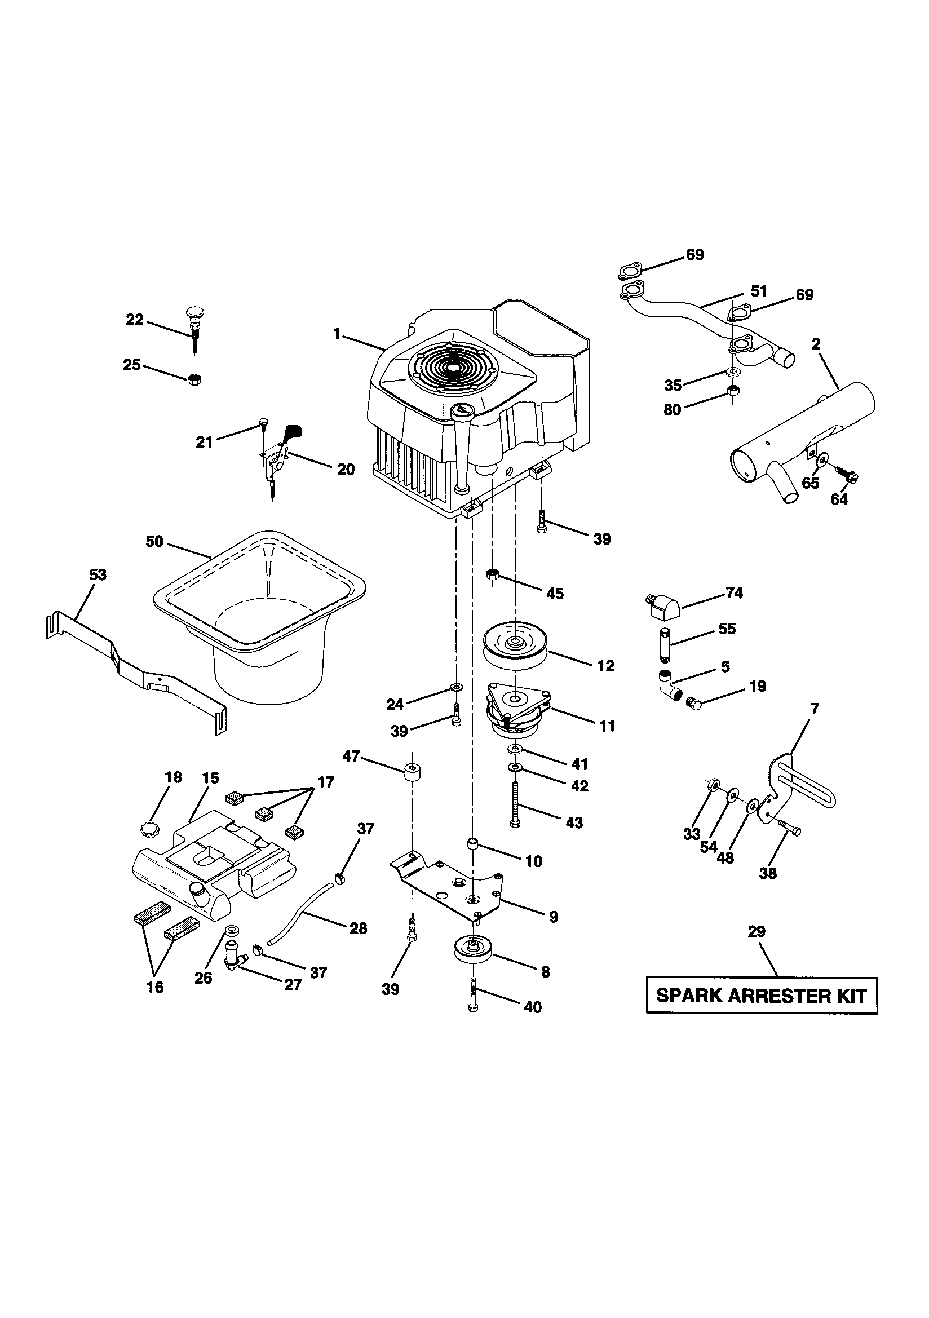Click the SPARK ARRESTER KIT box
(762, 996)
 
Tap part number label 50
(154, 541)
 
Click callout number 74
(734, 593)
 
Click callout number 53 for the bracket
(98, 574)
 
